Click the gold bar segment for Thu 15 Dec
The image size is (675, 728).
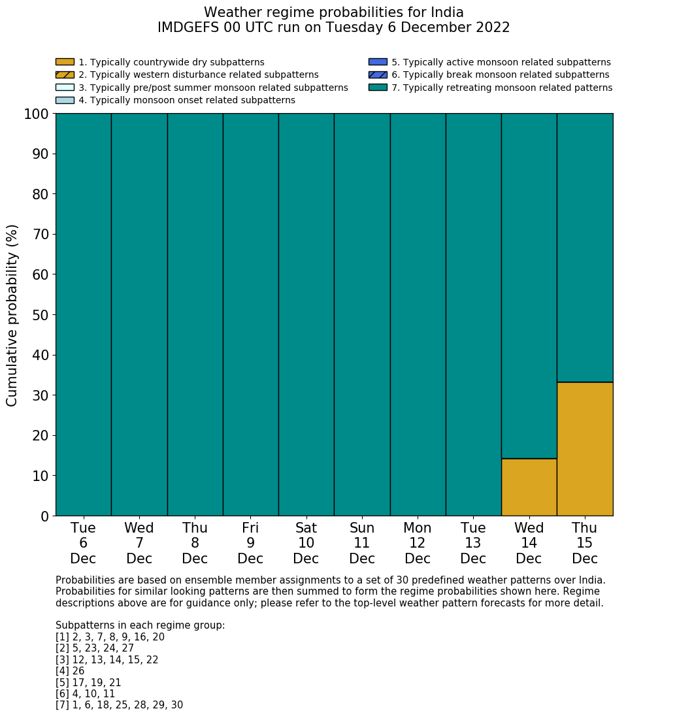[x=585, y=449]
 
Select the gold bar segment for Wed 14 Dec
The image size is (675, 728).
[x=529, y=487]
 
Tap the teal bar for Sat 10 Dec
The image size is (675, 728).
[x=306, y=314]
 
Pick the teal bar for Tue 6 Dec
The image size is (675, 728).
[x=83, y=314]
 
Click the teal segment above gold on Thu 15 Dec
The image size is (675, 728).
[x=585, y=248]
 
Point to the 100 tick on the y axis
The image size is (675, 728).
[x=36, y=114]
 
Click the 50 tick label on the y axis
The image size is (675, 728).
[x=41, y=315]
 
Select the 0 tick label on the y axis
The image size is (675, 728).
[x=45, y=516]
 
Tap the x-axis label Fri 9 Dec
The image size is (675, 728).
[x=250, y=543]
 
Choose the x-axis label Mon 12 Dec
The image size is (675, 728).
[x=418, y=543]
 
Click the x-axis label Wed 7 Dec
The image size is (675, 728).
[x=139, y=543]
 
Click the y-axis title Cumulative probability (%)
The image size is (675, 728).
[x=12, y=315]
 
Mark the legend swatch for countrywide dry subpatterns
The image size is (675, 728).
[x=65, y=62]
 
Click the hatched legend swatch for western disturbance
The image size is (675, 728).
[x=65, y=74]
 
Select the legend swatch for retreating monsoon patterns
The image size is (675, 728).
[x=378, y=88]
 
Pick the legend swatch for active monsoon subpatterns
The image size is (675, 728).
[x=378, y=62]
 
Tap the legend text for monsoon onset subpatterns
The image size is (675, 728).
[x=187, y=100]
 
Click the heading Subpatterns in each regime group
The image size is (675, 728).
[x=140, y=625]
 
